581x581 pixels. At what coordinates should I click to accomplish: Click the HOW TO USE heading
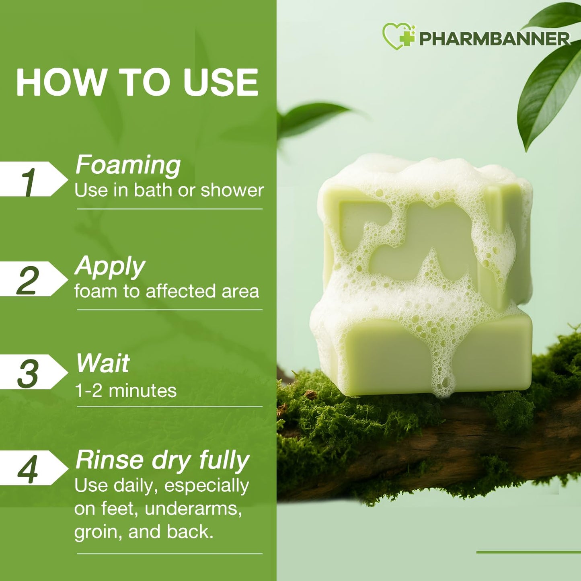137,82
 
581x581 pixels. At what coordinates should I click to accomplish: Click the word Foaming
128,165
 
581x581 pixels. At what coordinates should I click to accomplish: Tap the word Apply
110,266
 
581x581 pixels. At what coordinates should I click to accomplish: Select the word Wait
103,363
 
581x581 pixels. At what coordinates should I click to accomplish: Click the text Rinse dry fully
162,460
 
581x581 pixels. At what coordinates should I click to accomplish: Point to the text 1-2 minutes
125,391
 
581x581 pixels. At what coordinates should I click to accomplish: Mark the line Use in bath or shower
169,190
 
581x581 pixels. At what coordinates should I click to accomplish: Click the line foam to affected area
166,291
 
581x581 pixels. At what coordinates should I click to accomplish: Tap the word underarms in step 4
193,509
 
